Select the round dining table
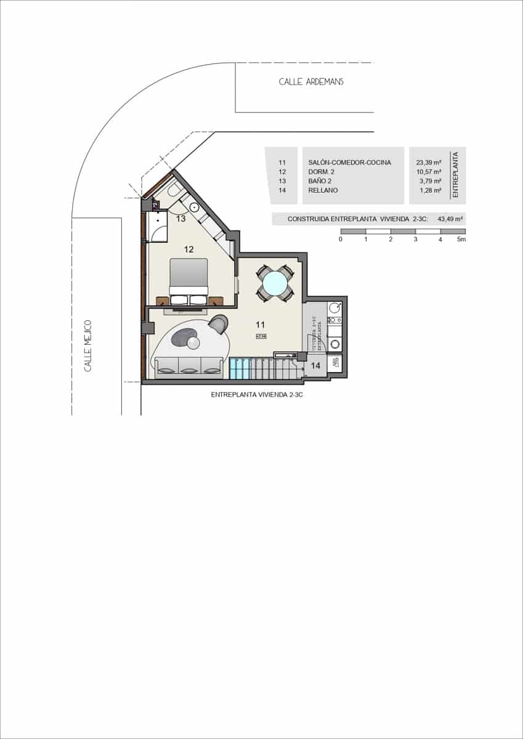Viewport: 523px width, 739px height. point(274,283)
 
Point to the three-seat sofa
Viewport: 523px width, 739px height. point(189,366)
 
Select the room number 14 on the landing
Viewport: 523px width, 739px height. point(315,365)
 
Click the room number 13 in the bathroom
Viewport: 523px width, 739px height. point(181,219)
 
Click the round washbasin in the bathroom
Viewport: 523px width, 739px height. point(193,207)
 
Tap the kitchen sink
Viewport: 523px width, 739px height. point(334,307)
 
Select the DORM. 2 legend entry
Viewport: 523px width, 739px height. point(322,172)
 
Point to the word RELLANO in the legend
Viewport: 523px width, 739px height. point(323,190)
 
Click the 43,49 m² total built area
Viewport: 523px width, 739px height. point(450,219)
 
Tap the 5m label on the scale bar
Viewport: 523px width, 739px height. point(461,240)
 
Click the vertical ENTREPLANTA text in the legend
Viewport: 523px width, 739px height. point(456,175)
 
